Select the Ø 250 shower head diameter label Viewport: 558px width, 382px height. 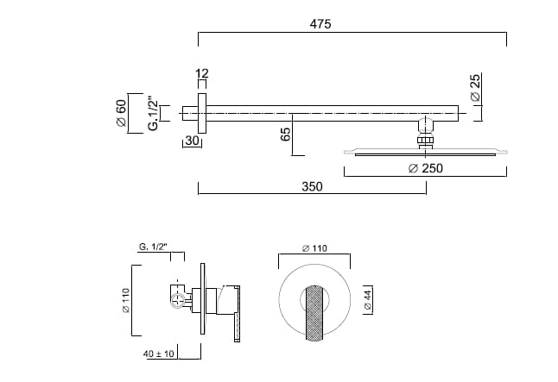click(x=425, y=168)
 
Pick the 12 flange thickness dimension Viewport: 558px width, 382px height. click(x=202, y=75)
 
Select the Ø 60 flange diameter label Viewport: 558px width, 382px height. click(x=122, y=112)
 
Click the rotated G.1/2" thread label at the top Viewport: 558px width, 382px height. click(x=153, y=112)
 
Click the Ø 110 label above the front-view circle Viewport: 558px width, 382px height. click(x=314, y=247)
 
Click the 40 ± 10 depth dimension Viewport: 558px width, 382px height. click(x=162, y=354)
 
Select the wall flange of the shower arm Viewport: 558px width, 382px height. click(x=201, y=112)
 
